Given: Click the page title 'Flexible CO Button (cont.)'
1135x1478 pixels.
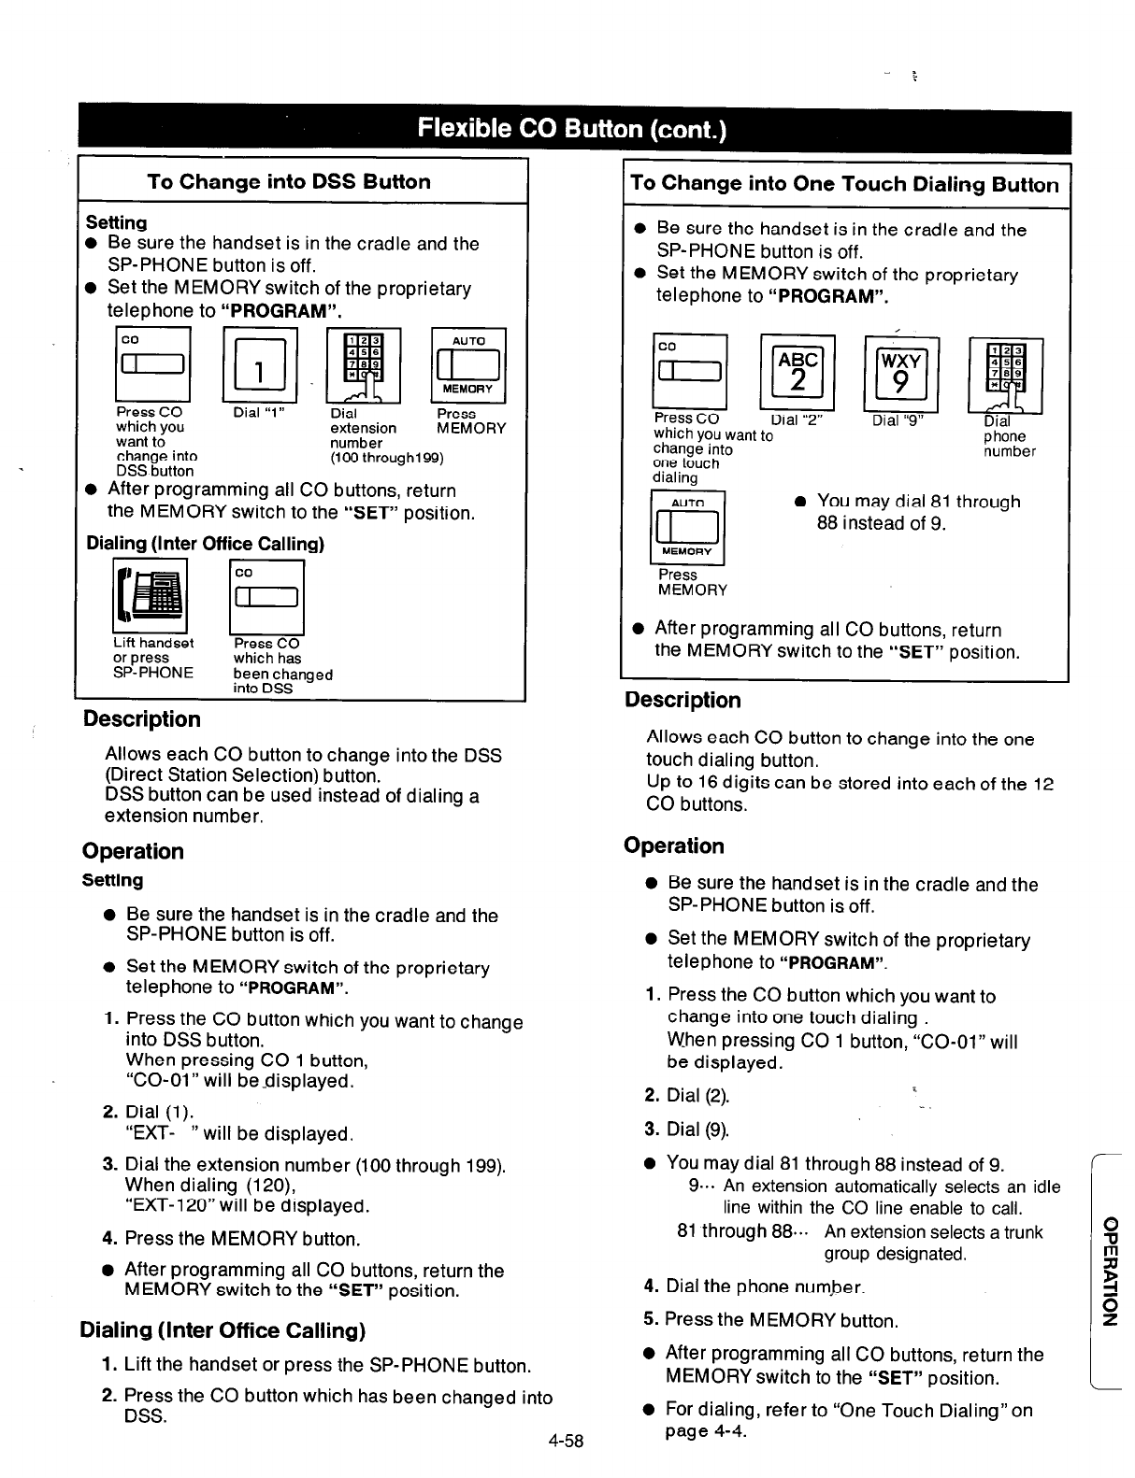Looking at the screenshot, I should tap(573, 129).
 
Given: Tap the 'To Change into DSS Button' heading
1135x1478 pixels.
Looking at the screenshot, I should tap(288, 182).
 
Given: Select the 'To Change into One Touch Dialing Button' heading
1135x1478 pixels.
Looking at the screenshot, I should tap(844, 185).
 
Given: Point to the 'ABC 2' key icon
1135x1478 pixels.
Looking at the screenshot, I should tap(797, 372).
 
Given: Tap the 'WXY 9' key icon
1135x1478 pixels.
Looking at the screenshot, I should tap(900, 372).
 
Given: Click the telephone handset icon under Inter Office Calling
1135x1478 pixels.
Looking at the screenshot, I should tap(150, 596).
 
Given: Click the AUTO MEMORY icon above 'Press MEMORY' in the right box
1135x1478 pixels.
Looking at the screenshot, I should tap(686, 529).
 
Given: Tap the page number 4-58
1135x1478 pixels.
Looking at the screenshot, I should tap(566, 1441).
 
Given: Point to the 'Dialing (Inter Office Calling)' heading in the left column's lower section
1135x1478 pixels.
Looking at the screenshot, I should tap(223, 1329).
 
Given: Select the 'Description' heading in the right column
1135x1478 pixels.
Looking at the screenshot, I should tap(682, 700).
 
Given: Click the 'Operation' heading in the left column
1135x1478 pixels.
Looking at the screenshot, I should tap(133, 851).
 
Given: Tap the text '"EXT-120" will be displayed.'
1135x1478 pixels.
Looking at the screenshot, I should tap(247, 1205).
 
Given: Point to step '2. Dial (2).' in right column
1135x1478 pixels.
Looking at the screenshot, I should tap(687, 1095).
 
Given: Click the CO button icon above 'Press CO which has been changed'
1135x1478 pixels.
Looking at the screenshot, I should tap(266, 598).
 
